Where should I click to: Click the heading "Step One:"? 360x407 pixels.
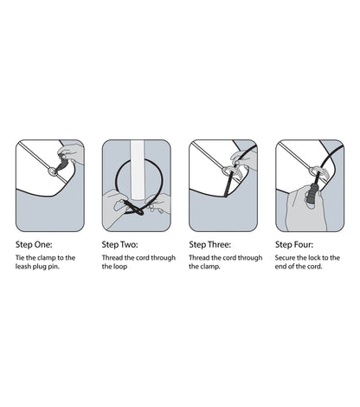pos(34,245)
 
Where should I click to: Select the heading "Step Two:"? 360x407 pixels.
pos(119,245)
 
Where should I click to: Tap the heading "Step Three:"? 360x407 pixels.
pos(209,245)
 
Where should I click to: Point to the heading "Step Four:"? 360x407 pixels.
pos(294,245)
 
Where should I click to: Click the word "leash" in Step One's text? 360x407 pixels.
pos(22,267)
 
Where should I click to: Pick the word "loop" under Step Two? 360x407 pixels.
pos(120,267)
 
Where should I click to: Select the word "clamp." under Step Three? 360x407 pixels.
pos(210,267)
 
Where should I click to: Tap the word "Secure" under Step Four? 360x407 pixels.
pos(285,257)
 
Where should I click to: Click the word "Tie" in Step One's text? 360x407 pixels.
pos(20,257)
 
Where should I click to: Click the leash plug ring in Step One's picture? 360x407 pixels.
pos(53,171)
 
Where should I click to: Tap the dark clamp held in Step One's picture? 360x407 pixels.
pos(62,163)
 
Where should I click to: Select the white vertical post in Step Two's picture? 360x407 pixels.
pos(138,170)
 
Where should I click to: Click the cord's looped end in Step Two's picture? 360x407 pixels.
pos(133,210)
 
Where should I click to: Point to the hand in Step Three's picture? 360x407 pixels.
pos(245,159)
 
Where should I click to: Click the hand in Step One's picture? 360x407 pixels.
pos(71,153)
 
